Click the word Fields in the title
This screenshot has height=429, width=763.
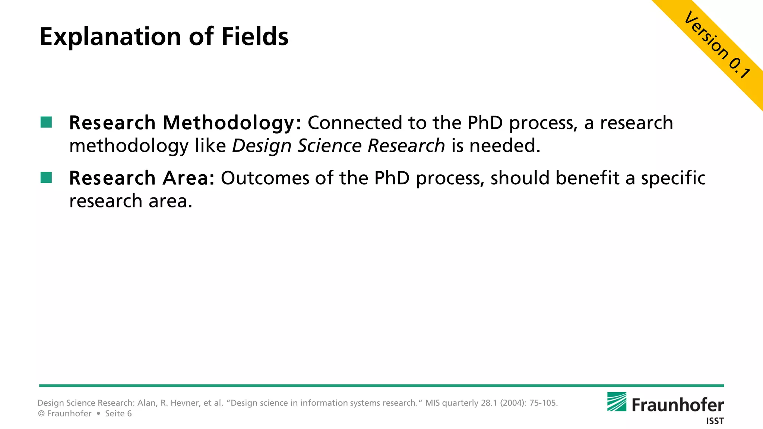tap(255, 36)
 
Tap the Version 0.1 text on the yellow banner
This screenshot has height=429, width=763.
tap(717, 45)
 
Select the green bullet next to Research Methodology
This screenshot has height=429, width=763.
tap(46, 122)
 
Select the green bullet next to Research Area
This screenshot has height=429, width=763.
tap(46, 177)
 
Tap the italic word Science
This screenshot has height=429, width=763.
tap(329, 145)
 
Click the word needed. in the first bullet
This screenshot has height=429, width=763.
tap(504, 145)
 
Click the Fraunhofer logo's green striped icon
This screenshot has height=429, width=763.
tap(617, 401)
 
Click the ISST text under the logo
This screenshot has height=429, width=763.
tap(715, 421)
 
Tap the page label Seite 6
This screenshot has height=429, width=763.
tap(118, 414)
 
